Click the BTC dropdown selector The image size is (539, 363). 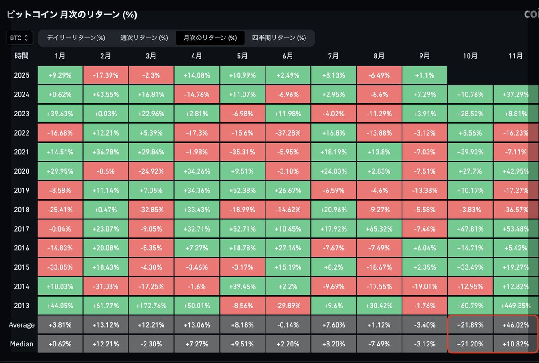[x=20, y=38]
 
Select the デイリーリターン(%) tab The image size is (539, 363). [x=75, y=38]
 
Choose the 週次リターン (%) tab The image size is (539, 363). [x=144, y=38]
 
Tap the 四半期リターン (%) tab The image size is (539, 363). [x=278, y=38]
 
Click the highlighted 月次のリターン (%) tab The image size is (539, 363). [x=210, y=38]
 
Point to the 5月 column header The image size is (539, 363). [x=242, y=56]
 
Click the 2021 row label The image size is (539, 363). [x=22, y=152]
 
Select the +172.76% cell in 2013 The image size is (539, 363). [x=151, y=306]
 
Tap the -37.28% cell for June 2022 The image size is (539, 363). [x=288, y=133]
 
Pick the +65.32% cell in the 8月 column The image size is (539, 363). [x=379, y=229]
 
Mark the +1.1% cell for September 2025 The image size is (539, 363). [x=424, y=75]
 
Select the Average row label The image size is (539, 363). [x=21, y=325]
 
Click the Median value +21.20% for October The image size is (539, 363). [x=470, y=344]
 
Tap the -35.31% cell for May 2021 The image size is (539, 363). [x=242, y=152]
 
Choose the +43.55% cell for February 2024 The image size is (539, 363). [x=106, y=95]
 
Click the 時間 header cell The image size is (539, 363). [x=22, y=56]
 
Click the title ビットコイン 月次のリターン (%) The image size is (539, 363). [x=72, y=15]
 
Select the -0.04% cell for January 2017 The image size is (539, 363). [x=60, y=229]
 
